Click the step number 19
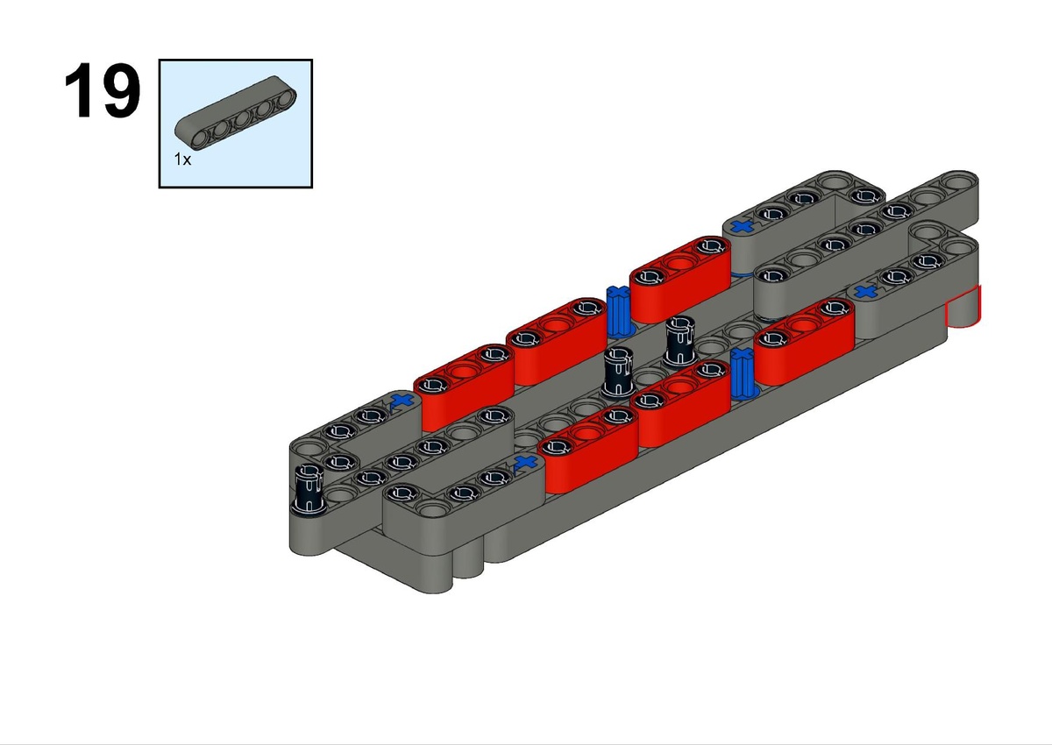tap(103, 90)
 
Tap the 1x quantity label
tap(182, 160)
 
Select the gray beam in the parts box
tap(236, 113)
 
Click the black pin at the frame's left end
tap(308, 488)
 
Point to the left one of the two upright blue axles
tap(619, 311)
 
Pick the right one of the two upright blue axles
tap(743, 373)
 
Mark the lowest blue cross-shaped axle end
tap(525, 462)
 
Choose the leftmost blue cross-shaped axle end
tap(402, 401)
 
